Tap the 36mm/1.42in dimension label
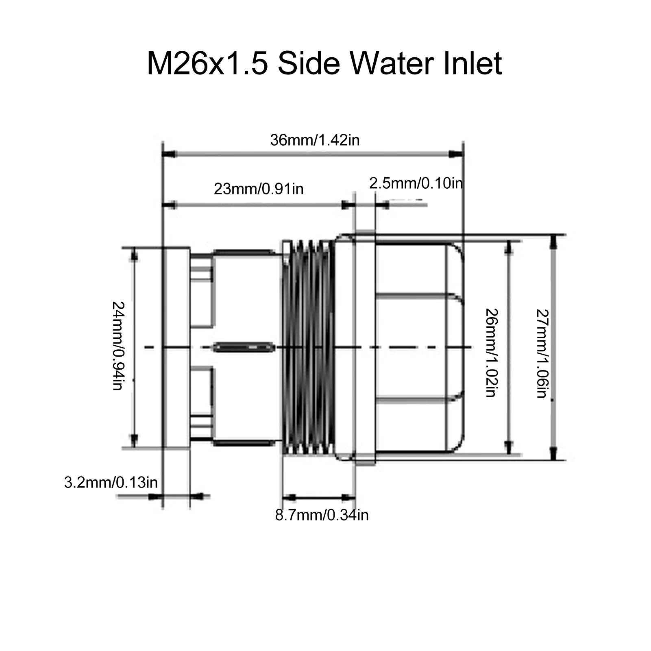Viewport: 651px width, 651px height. (315, 140)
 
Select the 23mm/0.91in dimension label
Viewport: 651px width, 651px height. (259, 189)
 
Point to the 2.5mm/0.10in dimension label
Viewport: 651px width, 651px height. (416, 183)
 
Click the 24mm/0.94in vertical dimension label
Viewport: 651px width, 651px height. (118, 346)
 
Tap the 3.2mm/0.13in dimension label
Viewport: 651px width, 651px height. (111, 483)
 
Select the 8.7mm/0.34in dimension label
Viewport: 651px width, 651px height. (322, 515)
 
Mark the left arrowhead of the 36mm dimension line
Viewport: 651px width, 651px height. (168, 154)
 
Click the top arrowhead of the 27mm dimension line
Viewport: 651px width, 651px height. (553, 242)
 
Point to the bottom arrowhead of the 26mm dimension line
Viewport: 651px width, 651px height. (508, 447)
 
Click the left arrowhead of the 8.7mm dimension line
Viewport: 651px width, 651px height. (288, 497)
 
